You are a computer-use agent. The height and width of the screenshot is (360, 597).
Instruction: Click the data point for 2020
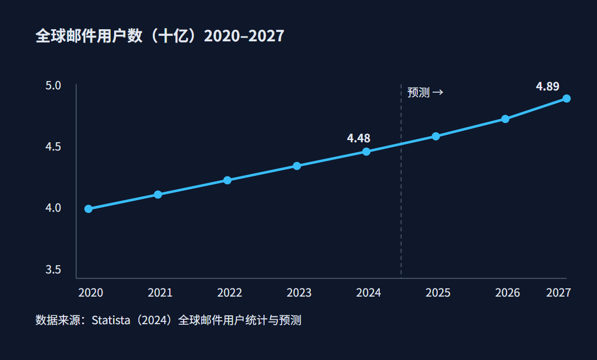pos(88,209)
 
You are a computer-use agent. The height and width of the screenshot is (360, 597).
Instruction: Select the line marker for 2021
pos(158,195)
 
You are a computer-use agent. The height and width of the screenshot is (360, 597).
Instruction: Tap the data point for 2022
pos(227,180)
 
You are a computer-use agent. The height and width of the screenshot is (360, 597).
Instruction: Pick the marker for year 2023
pos(297,166)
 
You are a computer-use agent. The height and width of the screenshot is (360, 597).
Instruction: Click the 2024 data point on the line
pos(366,152)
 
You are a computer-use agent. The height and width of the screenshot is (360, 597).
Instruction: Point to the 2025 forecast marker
pos(435,136)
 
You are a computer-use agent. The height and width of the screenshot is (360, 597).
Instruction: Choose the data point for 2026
pos(505,119)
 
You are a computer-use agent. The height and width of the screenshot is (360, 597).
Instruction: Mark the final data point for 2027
pos(566,99)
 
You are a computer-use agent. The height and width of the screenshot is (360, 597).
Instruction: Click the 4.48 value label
pos(358,138)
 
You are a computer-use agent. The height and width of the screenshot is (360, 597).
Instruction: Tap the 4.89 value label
pos(547,87)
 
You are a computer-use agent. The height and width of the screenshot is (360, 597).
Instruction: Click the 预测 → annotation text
pos(425,93)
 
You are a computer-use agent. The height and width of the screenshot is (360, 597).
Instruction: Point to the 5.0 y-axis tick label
pos(53,86)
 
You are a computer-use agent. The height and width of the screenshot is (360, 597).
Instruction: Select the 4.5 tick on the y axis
pos(53,147)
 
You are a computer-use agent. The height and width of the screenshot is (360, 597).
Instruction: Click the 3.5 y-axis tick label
pos(53,270)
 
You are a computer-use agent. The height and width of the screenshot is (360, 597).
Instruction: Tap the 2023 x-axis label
pos(299,293)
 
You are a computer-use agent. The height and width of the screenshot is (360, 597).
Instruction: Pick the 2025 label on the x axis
pos(438,293)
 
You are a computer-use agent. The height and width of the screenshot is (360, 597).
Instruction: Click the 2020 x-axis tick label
pos(90,293)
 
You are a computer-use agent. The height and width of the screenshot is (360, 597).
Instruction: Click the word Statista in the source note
pos(113,320)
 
